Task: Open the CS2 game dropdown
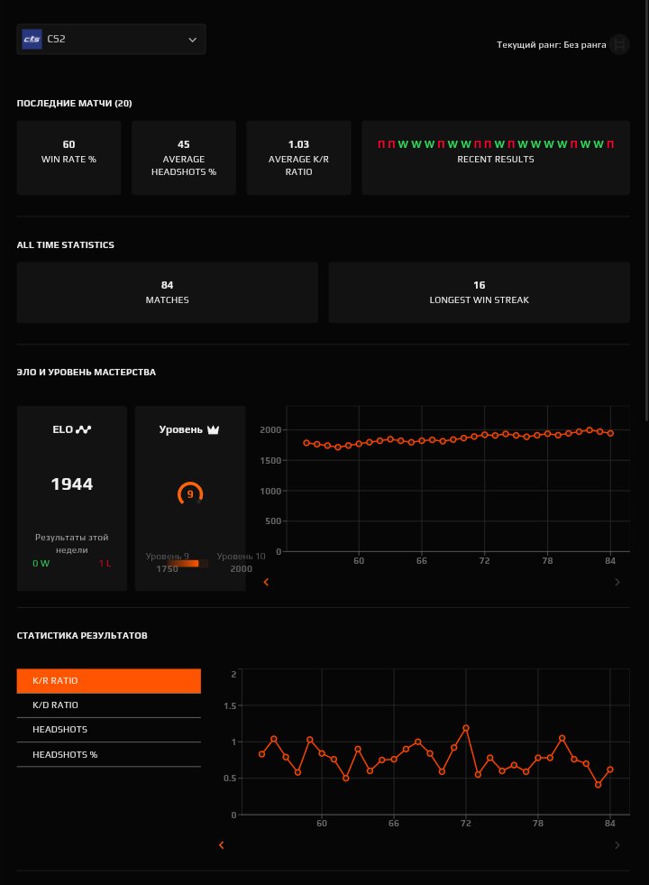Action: [111, 40]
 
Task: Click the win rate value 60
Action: [69, 144]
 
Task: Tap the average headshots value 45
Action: [183, 144]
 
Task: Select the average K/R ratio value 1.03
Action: [298, 144]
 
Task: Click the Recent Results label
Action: [495, 160]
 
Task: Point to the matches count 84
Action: [167, 285]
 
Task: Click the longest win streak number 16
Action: [479, 285]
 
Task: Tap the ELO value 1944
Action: [72, 484]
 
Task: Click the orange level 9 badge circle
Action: [190, 494]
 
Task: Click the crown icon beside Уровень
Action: [214, 429]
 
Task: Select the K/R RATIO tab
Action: [108, 681]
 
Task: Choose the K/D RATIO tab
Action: [108, 705]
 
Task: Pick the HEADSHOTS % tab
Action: [108, 754]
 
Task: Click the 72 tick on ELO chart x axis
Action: [484, 561]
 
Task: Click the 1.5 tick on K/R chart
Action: [232, 706]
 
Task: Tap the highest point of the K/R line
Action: [466, 728]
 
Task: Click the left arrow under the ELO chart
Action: [266, 583]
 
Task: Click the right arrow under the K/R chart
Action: [617, 845]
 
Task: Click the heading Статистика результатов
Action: [82, 636]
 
